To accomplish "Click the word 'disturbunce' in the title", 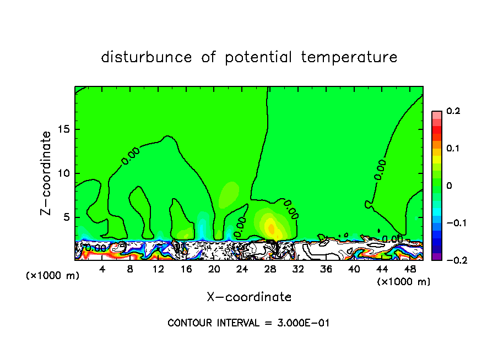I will tap(147, 57).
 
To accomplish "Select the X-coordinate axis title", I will tap(249, 297).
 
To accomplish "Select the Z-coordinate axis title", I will tap(47, 173).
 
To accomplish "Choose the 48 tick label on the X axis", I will tap(409, 269).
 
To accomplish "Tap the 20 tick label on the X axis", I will tap(214, 269).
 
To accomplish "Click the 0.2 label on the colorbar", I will tap(453, 111).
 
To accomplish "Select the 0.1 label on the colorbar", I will tap(453, 149).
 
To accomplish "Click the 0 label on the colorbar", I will tap(449, 186).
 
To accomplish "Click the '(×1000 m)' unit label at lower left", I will tap(53, 275).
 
